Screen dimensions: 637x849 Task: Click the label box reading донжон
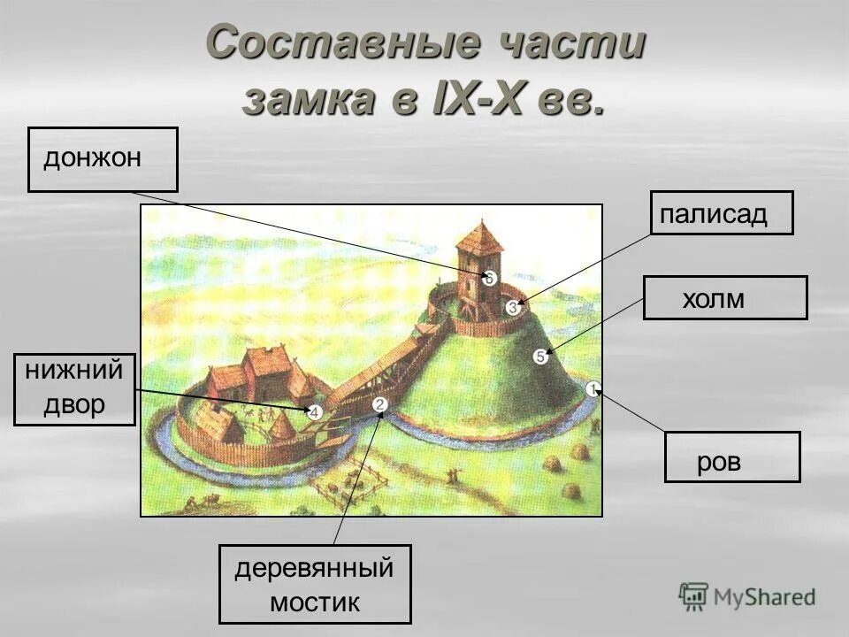[x=103, y=159]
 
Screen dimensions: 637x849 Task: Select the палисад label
[x=721, y=213]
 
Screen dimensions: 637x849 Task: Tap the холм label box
[x=723, y=298]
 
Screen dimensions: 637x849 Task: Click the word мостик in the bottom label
[x=315, y=603]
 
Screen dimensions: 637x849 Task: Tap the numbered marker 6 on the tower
[x=489, y=278]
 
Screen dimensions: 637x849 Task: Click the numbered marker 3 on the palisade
[x=513, y=307]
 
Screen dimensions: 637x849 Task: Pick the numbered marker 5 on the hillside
[x=540, y=357]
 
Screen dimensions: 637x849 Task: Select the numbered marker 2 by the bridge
[x=380, y=404]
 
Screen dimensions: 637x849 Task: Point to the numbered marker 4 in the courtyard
[x=315, y=411]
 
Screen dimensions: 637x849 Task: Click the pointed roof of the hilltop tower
[x=480, y=236]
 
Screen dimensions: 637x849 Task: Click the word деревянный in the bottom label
[x=314, y=569]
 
